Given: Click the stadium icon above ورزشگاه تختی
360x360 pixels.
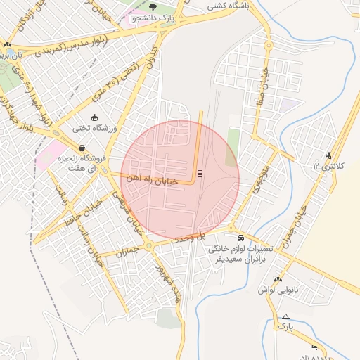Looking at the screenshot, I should click(95, 117).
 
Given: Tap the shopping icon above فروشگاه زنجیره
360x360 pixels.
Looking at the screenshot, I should click(82, 148).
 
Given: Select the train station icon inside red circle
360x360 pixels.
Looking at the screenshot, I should click(200, 173).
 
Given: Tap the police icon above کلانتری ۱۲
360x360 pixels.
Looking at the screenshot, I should click(328, 155).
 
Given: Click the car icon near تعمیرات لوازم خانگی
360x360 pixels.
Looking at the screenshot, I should click(240, 238).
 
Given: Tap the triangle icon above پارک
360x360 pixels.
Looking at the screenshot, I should click(285, 316).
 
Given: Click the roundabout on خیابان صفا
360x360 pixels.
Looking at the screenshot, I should click(268, 45).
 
